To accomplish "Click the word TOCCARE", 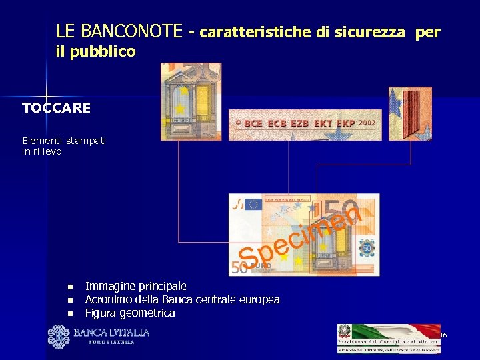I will [x=56, y=108].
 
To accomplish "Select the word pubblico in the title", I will [x=106, y=51].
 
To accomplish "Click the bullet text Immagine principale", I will [x=135, y=285].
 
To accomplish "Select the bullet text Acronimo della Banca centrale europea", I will [x=182, y=299].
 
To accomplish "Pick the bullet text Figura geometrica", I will [x=130, y=313].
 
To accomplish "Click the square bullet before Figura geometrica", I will [x=69, y=313].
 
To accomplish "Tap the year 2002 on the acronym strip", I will [x=367, y=123].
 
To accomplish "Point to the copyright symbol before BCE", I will [x=237, y=124].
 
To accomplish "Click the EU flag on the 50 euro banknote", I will [x=253, y=204].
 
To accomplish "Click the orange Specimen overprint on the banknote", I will [x=300, y=237].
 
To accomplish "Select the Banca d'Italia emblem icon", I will [x=59, y=336].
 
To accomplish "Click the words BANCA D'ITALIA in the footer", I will [x=111, y=333].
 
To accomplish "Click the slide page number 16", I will [x=443, y=334].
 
